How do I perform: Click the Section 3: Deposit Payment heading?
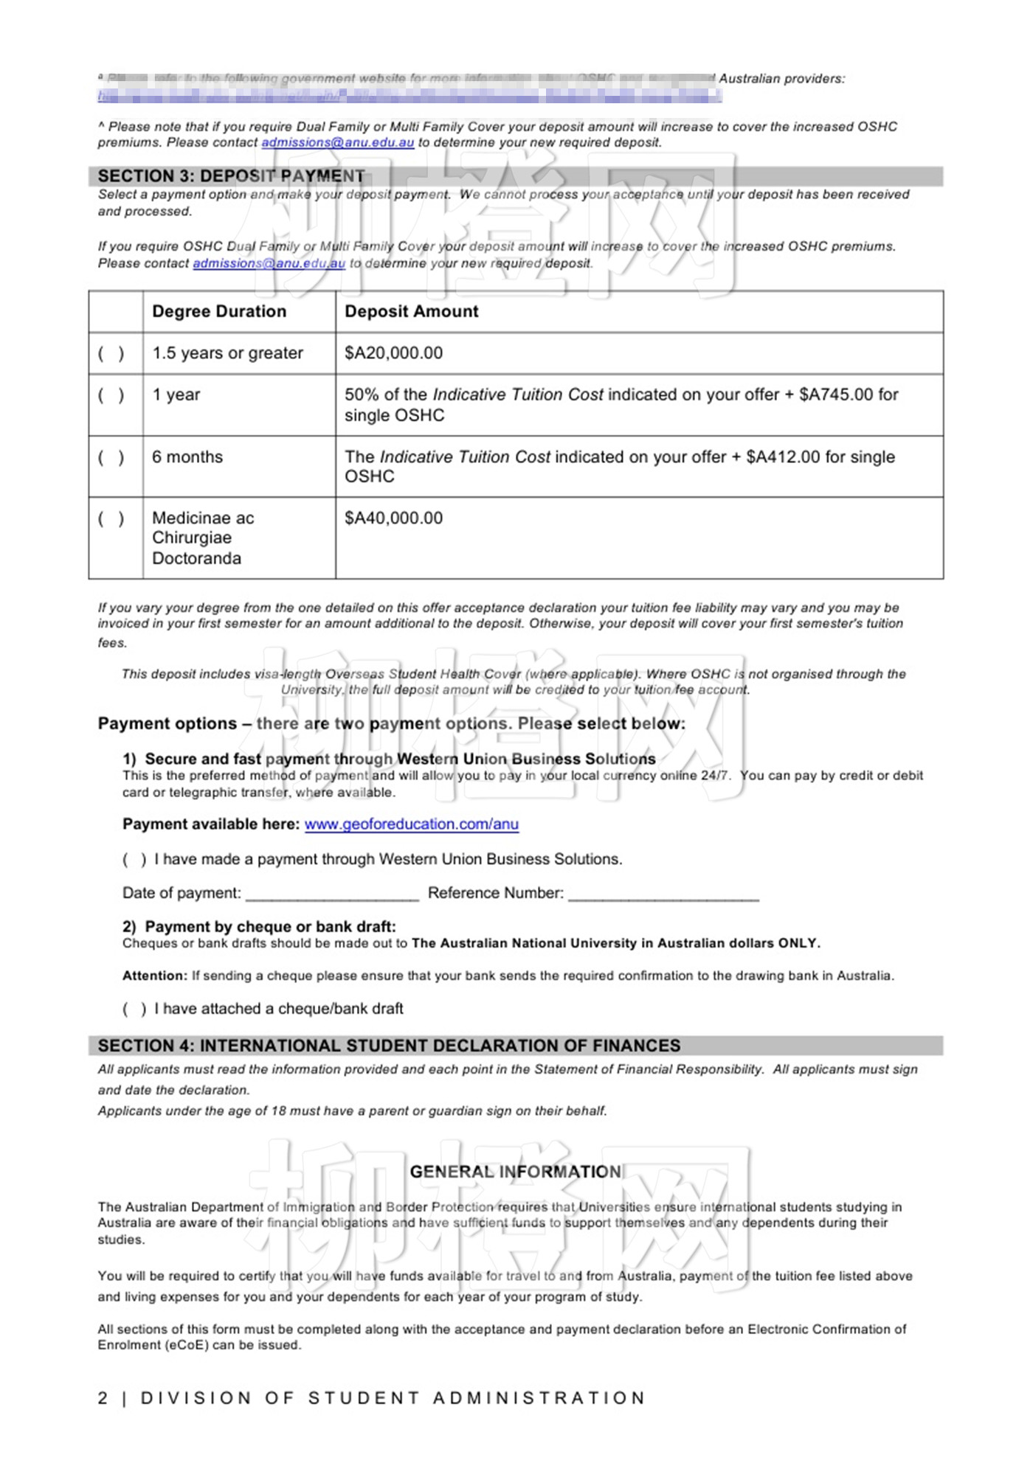coord(231,176)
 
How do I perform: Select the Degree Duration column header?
coord(219,311)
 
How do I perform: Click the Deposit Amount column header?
coord(412,311)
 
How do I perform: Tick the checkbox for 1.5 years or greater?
coord(111,354)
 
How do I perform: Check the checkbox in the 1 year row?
coord(111,395)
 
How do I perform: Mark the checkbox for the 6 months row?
coord(111,458)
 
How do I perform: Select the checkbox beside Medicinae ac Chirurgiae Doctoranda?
coord(111,519)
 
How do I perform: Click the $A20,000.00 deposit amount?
coord(394,353)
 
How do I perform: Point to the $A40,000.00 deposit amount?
coord(394,518)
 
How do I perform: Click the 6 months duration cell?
coord(187,457)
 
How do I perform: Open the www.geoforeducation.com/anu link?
coord(412,824)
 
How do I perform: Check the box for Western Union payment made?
coord(134,860)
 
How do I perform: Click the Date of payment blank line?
coord(332,894)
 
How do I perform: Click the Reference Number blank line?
coord(663,894)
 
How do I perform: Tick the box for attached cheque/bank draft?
coord(134,1009)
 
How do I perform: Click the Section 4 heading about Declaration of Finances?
coord(390,1046)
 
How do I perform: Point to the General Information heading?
coord(516,1172)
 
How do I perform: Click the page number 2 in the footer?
coord(103,1398)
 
